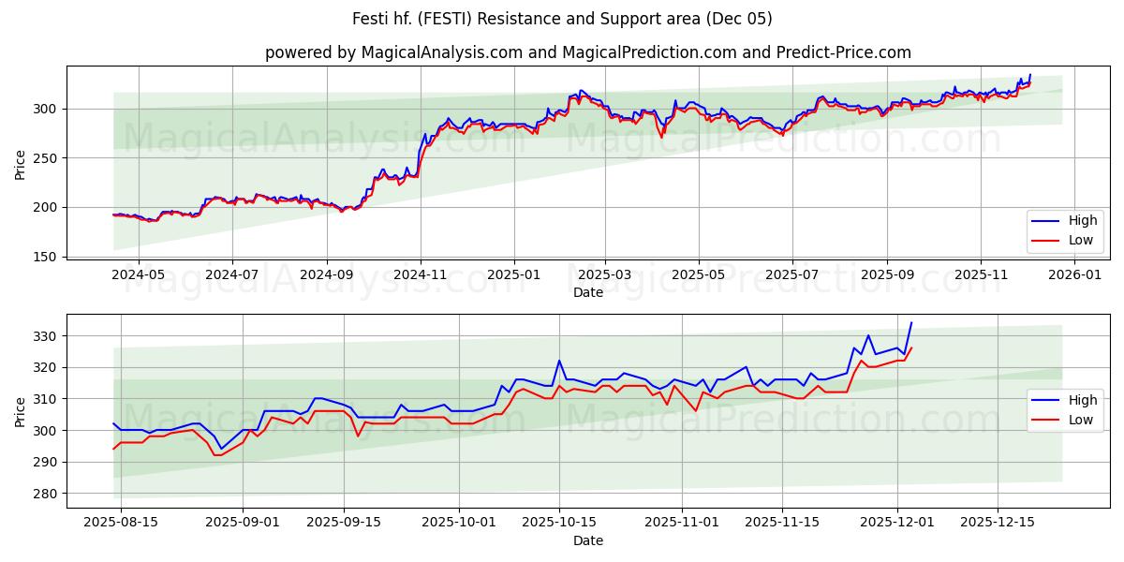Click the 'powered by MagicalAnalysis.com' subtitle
pyautogui.click(x=588, y=52)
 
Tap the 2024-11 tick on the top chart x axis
pyautogui.click(x=420, y=276)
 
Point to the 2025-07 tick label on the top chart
pyautogui.click(x=792, y=276)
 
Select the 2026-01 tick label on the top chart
pyautogui.click(x=1074, y=276)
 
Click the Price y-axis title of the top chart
pyautogui.click(x=21, y=165)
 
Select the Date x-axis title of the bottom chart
pyautogui.click(x=588, y=540)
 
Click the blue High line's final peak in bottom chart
pyautogui.click(x=911, y=323)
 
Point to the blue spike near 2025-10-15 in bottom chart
pyautogui.click(x=559, y=361)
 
